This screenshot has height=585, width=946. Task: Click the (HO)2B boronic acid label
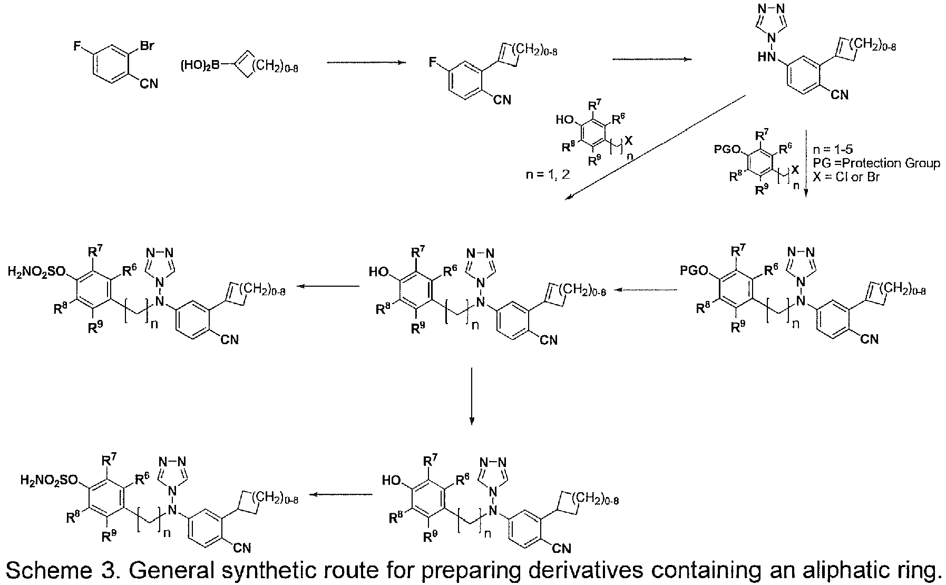201,67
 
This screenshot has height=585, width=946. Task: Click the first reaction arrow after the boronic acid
366,63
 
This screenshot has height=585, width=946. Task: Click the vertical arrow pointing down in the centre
472,396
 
